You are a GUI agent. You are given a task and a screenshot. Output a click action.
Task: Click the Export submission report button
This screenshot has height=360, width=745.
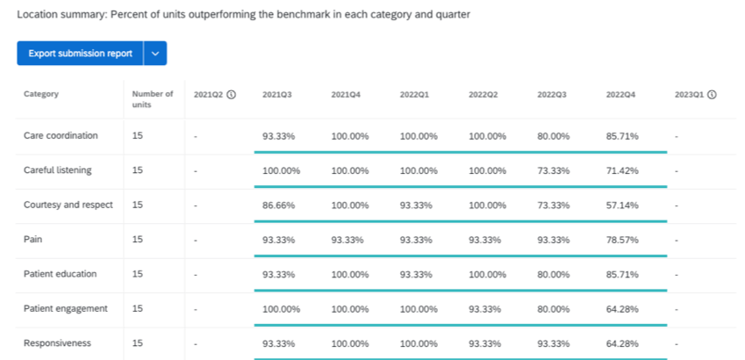pos(80,54)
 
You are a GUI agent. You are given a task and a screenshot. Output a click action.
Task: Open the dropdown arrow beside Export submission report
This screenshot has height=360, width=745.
pos(155,54)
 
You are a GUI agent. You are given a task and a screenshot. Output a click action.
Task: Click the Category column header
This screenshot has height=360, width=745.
pos(41,94)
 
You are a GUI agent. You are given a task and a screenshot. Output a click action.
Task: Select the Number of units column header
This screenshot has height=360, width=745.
pos(153,98)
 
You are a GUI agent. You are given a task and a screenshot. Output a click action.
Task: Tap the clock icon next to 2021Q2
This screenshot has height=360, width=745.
pos(231,94)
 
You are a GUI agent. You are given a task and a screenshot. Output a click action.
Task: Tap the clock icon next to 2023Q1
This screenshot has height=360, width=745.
pos(712,94)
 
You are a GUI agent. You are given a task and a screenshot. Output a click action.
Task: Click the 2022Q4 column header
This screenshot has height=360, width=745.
pos(620,94)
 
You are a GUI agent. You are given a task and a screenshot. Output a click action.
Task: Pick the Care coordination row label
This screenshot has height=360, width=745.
pos(61,136)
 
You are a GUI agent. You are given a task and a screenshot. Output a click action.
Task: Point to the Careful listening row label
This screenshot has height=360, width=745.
pos(57,170)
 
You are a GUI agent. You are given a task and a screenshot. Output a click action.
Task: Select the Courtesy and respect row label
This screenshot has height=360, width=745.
pos(68,205)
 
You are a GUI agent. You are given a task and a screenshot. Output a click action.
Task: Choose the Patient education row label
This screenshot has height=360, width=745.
pos(61,274)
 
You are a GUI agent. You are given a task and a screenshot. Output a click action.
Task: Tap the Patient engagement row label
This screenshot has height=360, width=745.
pos(66,308)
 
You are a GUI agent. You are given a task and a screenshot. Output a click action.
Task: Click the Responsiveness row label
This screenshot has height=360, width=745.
pos(57,343)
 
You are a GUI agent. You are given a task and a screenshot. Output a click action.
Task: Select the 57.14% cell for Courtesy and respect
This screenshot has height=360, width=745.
pos(622,205)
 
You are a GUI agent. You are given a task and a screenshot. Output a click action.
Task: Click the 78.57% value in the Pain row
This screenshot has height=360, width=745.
pos(622,239)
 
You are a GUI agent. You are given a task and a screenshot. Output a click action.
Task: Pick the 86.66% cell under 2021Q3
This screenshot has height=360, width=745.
pos(278,205)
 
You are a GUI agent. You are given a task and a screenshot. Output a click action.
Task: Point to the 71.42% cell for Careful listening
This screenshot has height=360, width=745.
pos(622,170)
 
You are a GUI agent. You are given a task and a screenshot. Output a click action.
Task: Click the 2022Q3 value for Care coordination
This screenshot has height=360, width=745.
pos(554,136)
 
